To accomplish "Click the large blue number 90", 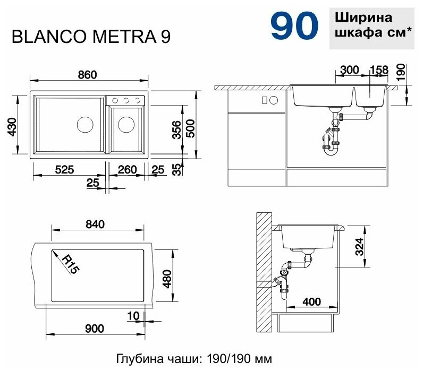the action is click(x=294, y=25).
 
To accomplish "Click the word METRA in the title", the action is click(x=125, y=37).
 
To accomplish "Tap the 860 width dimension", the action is click(x=87, y=75).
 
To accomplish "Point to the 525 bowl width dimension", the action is click(x=64, y=169).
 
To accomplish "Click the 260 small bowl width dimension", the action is click(x=127, y=169).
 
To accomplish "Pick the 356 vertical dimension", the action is click(x=177, y=129).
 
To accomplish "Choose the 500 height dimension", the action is click(x=190, y=128).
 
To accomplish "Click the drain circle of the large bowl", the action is click(x=85, y=125).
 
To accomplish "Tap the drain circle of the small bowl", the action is click(x=126, y=125).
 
